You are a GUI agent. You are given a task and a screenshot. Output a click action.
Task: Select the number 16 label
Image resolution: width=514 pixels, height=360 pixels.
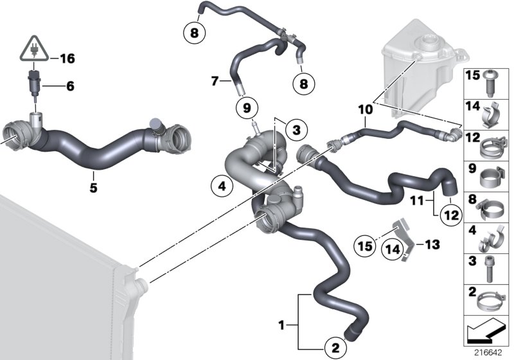point(67,59)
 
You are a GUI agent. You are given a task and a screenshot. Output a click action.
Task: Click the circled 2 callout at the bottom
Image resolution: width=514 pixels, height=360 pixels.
point(334,348)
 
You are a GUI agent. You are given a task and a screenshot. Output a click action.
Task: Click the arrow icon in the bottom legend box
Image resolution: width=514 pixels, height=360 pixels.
point(486,333)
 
